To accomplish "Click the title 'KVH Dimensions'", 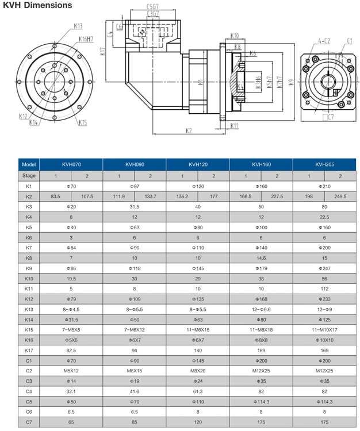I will coord(38,5).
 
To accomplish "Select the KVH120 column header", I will coord(197,164).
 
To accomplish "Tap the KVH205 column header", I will coord(324,164).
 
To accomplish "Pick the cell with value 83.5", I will coord(55,197).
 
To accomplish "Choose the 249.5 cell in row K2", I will coord(340,197).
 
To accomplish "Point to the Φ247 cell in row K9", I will coord(324,268).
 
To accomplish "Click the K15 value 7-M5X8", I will coord(71,329).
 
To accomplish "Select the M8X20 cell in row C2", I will coord(197,371).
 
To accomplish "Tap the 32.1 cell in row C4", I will coord(71,391).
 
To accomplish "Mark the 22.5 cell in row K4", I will coord(324,217).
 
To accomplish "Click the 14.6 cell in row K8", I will coord(261,258).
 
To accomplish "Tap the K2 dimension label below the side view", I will coord(189,131).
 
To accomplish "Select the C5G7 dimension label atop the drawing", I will coord(152,6).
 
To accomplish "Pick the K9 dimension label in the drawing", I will coord(291,82).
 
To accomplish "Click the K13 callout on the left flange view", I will coord(78,25).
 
